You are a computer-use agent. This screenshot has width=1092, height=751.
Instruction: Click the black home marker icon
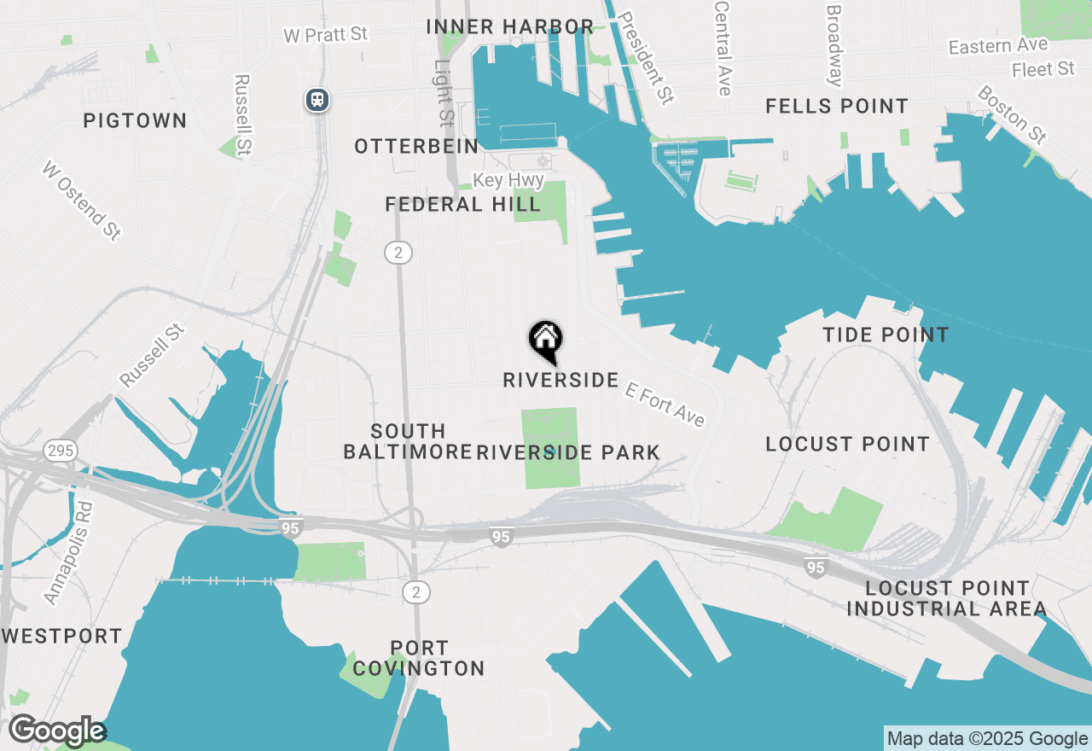545,341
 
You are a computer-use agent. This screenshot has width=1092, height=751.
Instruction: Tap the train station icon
317,100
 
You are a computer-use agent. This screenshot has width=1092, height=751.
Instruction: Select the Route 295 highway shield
61,450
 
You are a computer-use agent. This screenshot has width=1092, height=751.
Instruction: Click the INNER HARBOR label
509,26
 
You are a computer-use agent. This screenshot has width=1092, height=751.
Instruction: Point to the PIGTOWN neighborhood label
135,120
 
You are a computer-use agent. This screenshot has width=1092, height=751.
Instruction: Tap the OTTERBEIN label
416,146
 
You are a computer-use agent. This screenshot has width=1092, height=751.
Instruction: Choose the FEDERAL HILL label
462,204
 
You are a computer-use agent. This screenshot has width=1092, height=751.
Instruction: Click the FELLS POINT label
836,106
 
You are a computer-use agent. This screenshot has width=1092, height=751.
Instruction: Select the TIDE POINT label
886,335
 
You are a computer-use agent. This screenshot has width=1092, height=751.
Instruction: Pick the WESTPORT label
61,636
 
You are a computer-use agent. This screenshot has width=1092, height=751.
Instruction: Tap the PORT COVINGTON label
418,658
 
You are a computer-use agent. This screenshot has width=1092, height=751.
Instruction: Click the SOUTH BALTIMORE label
407,441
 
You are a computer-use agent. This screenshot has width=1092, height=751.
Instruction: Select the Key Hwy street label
508,180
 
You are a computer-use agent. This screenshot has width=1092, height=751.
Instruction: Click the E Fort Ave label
665,404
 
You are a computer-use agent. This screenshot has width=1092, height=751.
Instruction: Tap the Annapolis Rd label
69,553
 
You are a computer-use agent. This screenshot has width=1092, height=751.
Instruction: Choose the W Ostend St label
81,200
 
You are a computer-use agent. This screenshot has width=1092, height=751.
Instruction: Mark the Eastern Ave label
998,46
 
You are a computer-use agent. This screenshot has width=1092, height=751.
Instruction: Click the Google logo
56,731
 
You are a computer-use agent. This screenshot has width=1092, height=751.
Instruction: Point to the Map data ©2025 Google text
987,739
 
